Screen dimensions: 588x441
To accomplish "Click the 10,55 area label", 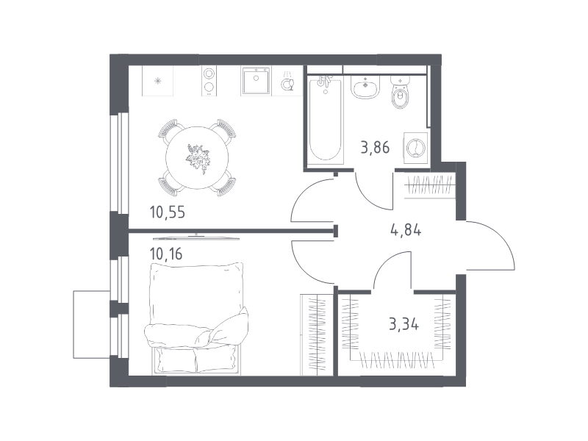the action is point(168,212).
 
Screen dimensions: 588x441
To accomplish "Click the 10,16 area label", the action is point(166,254).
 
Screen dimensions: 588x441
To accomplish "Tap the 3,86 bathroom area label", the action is point(375,148).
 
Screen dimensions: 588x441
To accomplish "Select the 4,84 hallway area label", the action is point(406,229).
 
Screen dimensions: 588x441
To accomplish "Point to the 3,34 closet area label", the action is point(404,323).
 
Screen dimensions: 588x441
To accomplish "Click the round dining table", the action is point(197,157).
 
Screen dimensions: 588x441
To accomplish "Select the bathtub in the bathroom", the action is point(326,120).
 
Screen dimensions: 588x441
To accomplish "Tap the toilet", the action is point(401,92).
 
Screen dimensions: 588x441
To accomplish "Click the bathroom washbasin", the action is point(365,87).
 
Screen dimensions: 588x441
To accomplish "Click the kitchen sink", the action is point(256,81).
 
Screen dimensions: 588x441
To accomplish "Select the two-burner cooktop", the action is point(209,81).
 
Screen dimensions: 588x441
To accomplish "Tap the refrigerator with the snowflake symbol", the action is point(157,81).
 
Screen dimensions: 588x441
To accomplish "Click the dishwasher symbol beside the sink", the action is point(287,82).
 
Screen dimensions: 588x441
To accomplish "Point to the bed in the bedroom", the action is point(196,319).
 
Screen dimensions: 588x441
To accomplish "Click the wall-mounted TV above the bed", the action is point(196,237).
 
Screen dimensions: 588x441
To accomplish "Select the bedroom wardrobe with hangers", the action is point(317,334).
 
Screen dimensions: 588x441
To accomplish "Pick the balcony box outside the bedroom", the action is point(91,324).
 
